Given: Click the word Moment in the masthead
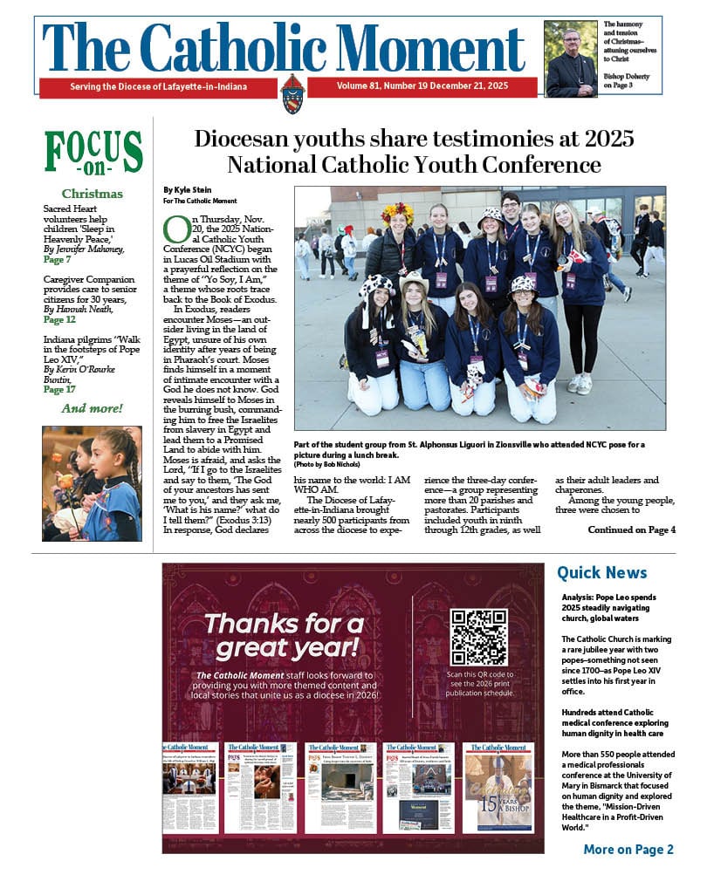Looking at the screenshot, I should point(429,48).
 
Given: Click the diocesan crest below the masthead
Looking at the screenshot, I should point(292,92).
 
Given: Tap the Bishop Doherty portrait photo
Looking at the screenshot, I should point(571,58).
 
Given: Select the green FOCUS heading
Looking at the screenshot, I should point(93,151).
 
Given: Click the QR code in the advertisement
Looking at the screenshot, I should point(478,637).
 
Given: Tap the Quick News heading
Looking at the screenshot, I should point(602,573).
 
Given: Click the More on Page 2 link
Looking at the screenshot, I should point(628,850).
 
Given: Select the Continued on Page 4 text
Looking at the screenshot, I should point(631,529).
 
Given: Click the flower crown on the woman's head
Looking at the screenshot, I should point(398,212).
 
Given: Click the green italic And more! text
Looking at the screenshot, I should point(92,408).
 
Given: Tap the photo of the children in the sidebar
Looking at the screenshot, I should point(92,483).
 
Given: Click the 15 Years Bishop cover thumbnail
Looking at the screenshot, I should point(498,788).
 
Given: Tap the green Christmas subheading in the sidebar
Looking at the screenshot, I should point(92,194).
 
